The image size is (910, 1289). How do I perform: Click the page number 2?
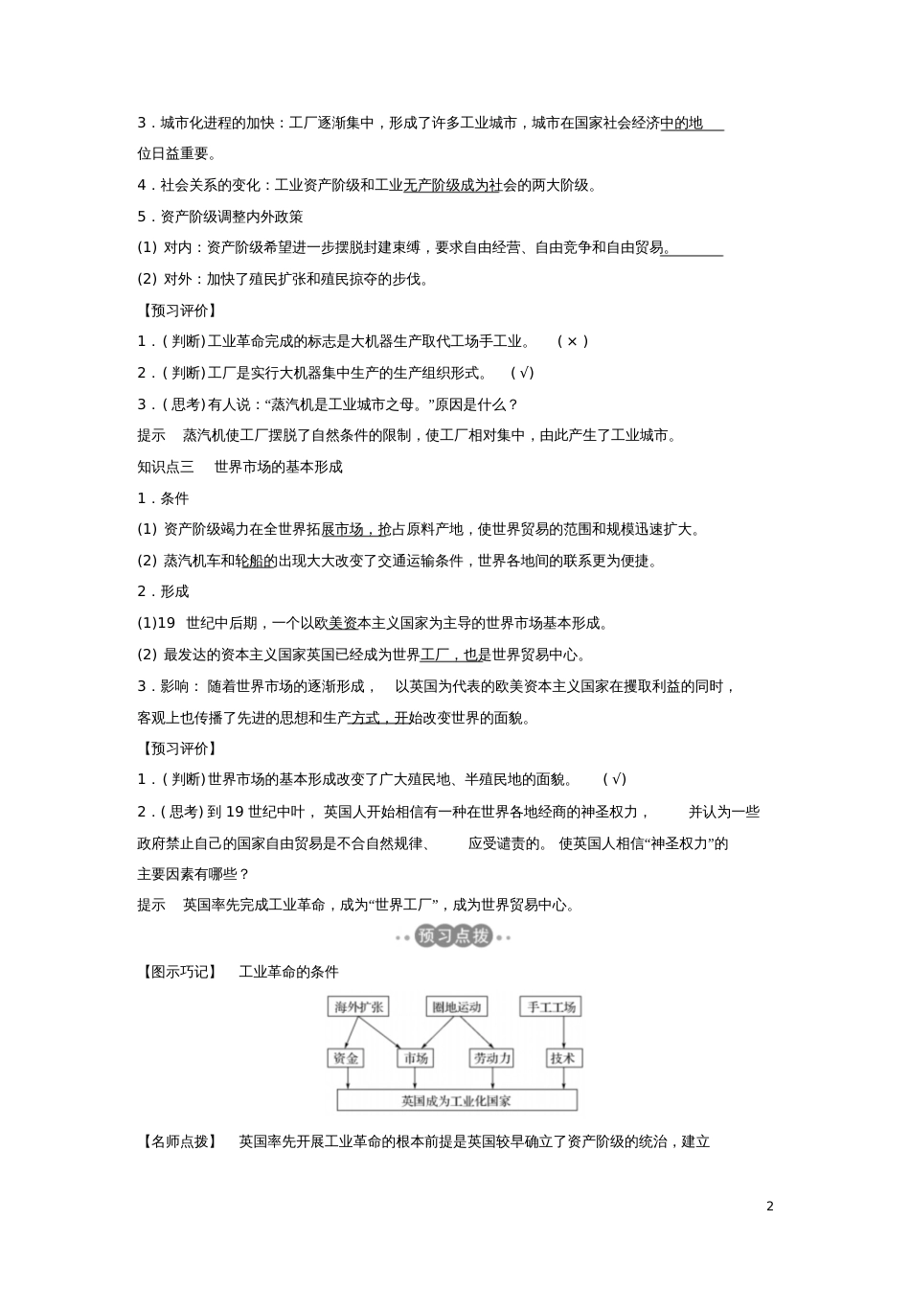point(769,1206)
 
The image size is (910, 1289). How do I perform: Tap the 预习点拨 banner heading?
point(454,935)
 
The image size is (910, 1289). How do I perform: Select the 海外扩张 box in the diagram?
point(358,1006)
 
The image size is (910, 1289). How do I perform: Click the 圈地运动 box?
point(456,1006)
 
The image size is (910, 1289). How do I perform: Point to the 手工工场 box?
point(551,1006)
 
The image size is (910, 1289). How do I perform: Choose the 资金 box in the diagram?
point(345,1058)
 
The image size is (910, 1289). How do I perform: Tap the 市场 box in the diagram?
point(416,1058)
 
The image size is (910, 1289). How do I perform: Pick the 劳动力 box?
point(492,1058)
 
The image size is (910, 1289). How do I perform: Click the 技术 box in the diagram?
point(562,1058)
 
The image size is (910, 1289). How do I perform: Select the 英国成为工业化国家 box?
point(456,1100)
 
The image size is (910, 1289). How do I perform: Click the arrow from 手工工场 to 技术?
point(558,1032)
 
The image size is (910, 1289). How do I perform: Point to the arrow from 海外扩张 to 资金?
point(352,1032)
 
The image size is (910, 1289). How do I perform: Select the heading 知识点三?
point(166,467)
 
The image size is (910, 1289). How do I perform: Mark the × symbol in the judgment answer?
point(572,341)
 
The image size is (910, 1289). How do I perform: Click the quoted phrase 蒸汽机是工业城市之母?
point(348,404)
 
